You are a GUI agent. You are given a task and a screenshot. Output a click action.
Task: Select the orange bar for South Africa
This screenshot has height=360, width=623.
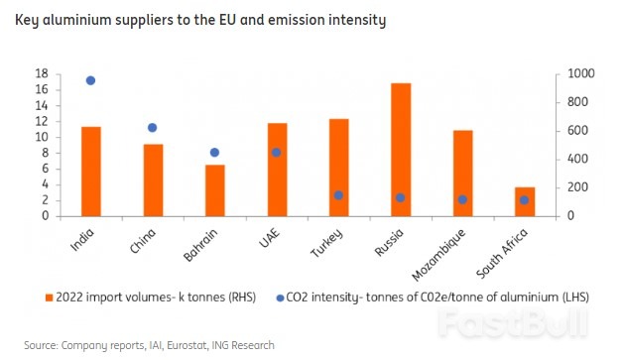[x=525, y=201]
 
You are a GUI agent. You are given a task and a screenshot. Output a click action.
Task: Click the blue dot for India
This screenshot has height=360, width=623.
[x=90, y=80]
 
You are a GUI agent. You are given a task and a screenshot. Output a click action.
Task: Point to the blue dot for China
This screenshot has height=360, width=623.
[x=152, y=128]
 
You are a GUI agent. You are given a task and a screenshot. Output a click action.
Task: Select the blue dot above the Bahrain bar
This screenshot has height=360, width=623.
[x=214, y=153]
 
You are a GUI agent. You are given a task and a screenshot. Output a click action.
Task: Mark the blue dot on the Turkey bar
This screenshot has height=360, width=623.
[x=338, y=195]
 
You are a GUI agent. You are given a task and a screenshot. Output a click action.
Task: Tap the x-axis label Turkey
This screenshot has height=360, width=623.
[x=326, y=243]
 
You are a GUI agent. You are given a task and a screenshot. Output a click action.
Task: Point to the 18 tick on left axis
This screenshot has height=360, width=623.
[x=42, y=74]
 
